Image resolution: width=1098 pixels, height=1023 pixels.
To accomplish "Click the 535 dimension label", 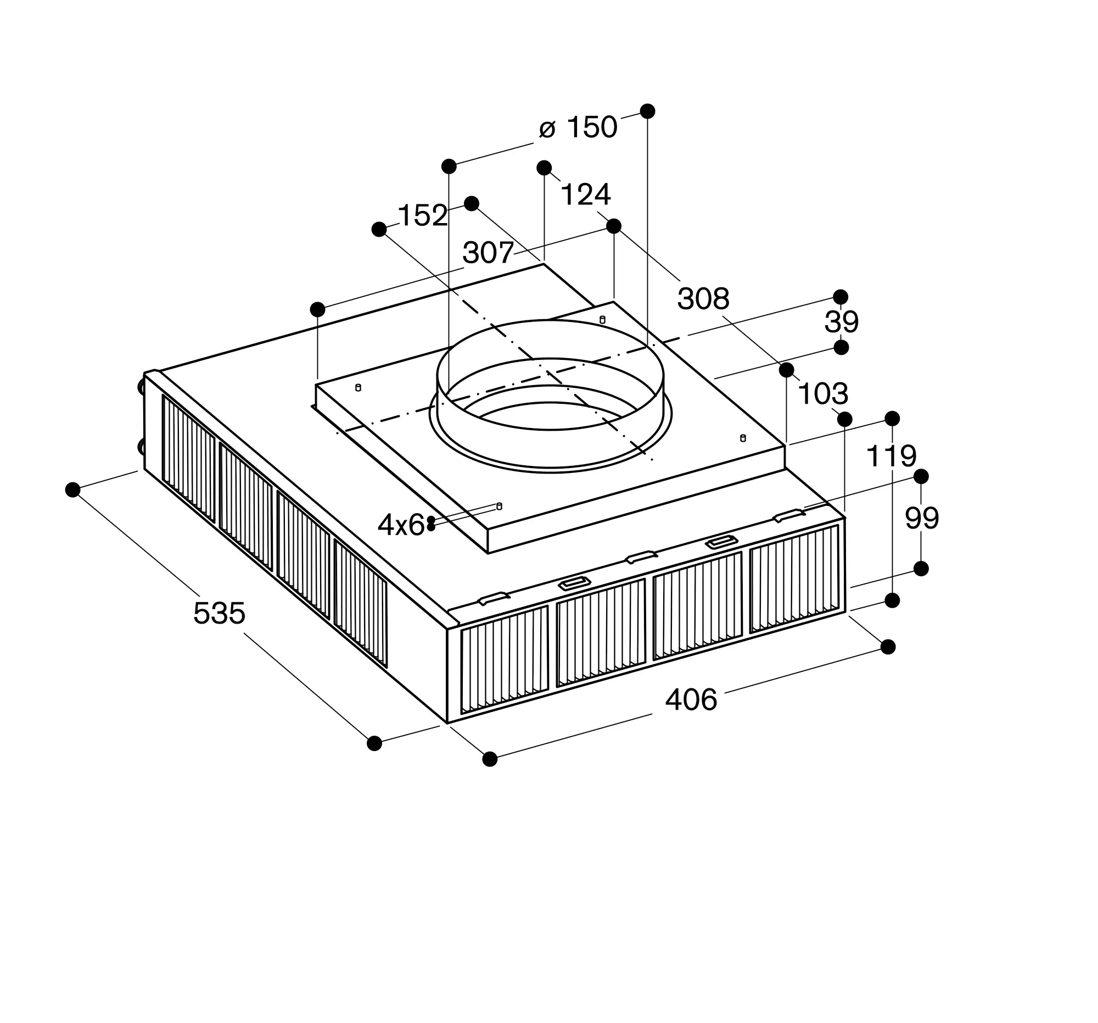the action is coord(219,613).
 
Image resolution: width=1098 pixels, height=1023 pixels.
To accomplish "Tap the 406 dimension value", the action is coord(691,700).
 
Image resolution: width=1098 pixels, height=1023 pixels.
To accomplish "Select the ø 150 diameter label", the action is coord(578,127).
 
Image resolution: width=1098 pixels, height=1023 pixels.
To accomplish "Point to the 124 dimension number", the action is coord(585,194).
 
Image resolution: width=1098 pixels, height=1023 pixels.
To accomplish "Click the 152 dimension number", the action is coord(423,215).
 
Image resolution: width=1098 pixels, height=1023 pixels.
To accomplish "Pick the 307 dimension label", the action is coord(488,253).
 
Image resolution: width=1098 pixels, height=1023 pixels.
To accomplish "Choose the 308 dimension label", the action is coord(703,299).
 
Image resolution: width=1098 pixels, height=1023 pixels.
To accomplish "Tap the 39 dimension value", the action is coord(841,321).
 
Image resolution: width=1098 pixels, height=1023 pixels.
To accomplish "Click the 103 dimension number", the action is coord(823,394).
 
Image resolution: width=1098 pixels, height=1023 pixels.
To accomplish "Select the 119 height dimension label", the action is coord(892,456).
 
